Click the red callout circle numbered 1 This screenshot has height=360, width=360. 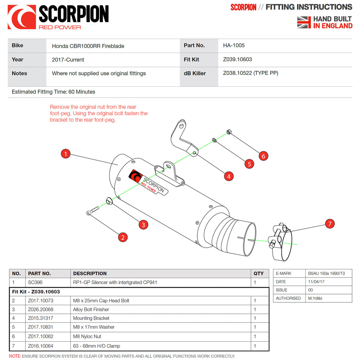65,154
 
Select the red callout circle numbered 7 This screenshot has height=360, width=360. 330,224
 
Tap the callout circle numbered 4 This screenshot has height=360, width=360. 229,176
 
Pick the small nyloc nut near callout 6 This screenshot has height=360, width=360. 229,132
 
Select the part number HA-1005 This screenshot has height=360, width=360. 234,45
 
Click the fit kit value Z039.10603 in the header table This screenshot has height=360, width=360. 238,59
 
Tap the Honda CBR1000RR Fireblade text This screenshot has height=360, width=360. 88,46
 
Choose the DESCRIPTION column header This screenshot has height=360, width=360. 90,273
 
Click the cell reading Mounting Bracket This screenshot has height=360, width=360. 91,318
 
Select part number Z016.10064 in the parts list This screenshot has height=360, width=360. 40,346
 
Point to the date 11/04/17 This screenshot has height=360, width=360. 316,282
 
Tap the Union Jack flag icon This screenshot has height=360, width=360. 304,22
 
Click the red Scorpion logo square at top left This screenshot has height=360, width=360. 22,17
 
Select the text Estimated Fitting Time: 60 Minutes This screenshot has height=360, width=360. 54,92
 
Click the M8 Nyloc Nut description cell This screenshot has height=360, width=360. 87,337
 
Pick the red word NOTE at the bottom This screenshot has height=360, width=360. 15,356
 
